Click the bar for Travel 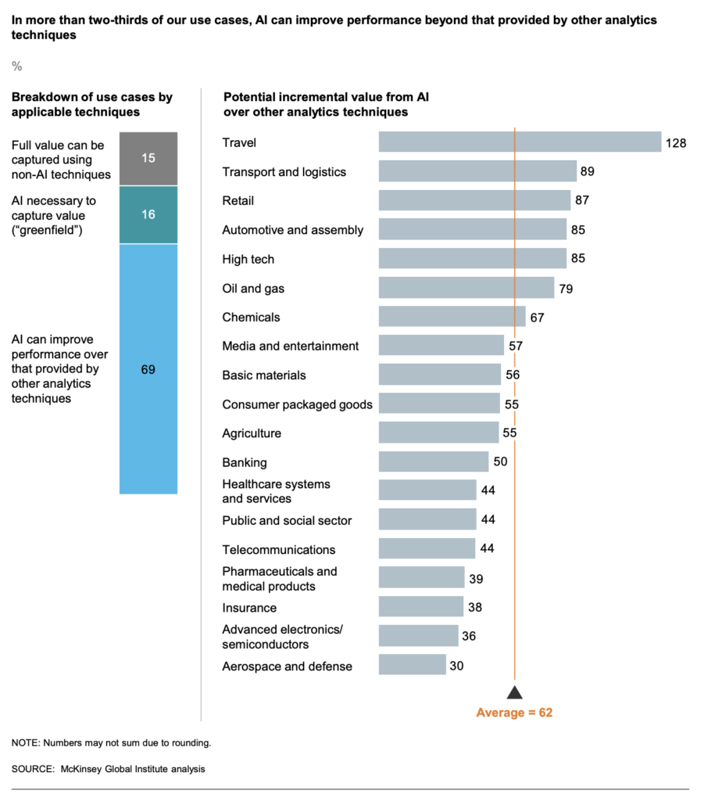520,142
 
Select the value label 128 676,143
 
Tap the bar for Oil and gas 466,288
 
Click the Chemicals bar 452,317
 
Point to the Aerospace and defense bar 412,665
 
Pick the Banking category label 245,462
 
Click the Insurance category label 249,608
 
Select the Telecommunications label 279,549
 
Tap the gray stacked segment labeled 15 148,159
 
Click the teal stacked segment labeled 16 148,214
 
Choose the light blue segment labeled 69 148,369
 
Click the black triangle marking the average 514,691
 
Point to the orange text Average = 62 514,713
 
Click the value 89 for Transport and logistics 588,172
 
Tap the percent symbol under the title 16,66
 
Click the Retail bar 474,200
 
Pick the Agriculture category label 252,433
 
